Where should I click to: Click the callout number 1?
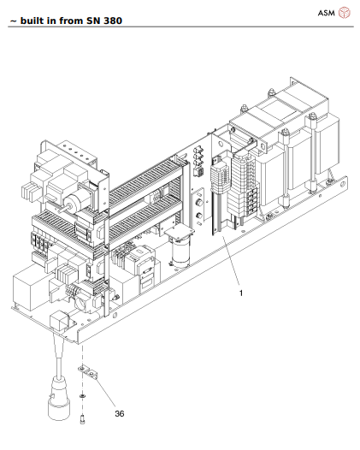click(241, 293)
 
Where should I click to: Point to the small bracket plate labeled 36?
click(86, 373)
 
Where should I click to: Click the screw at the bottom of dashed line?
click(81, 420)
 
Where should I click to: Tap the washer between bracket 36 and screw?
click(81, 398)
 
